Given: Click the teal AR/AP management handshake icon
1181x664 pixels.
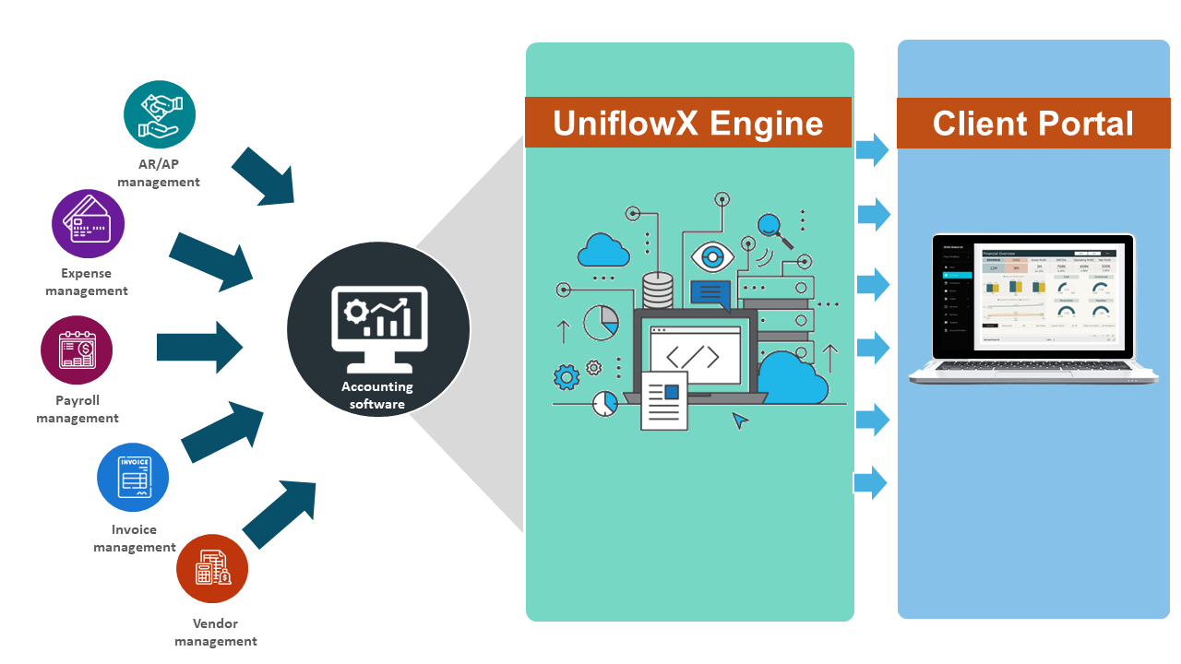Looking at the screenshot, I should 160,114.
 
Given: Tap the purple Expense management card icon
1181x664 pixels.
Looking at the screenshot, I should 88,224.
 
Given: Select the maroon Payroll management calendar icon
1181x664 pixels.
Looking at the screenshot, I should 77,351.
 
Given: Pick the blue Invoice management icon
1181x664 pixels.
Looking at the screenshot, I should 133,477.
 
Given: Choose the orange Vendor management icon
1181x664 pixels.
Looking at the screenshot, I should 212,570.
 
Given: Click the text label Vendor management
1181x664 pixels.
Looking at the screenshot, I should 216,633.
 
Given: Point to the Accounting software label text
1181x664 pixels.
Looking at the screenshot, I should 377,396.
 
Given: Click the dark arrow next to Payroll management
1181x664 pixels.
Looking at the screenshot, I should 199,347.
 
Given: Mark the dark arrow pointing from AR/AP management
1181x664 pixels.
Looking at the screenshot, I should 262,175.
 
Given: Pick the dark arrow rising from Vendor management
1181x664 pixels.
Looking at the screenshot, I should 280,514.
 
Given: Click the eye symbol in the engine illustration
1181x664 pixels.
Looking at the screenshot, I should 711,255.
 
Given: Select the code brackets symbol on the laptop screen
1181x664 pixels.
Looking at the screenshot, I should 695,356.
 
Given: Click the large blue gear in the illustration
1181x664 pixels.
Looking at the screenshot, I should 567,376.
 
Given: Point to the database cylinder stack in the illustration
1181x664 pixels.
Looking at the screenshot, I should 658,290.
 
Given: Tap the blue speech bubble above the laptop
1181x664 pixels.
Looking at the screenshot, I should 710,294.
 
